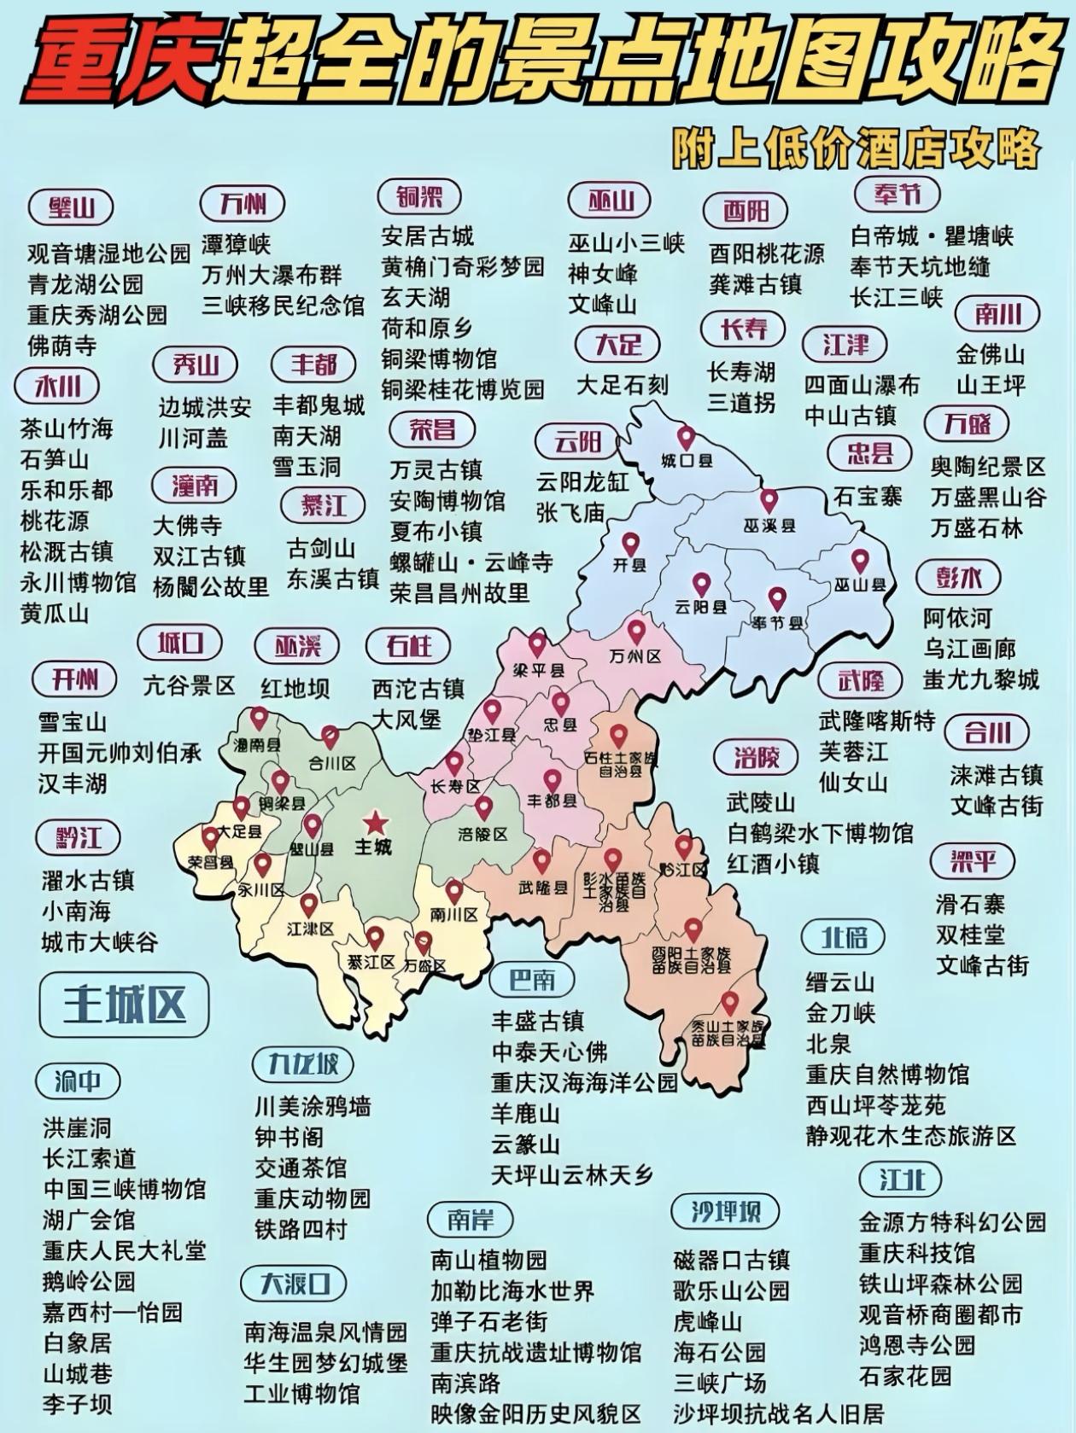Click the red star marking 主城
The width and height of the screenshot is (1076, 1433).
point(374,823)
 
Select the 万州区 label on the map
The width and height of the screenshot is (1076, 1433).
point(636,656)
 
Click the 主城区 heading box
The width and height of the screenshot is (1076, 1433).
point(124,1005)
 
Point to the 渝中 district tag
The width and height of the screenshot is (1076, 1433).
point(78,1082)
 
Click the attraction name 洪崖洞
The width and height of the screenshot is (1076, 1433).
point(77,1128)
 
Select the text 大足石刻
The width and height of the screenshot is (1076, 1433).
point(622,386)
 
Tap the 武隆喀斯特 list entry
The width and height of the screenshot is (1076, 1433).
point(877,721)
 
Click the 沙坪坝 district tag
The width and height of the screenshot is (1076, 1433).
point(726,1212)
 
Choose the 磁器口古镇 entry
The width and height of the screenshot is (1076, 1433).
point(731,1261)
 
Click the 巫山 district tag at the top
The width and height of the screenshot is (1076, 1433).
point(611,201)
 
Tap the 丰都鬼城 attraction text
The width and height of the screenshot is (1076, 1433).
point(319,405)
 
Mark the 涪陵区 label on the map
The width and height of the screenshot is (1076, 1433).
point(482,834)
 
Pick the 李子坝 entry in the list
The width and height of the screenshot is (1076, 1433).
point(77,1404)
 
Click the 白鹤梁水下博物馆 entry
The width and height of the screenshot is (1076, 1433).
point(820,833)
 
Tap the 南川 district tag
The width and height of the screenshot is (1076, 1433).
point(997,314)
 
